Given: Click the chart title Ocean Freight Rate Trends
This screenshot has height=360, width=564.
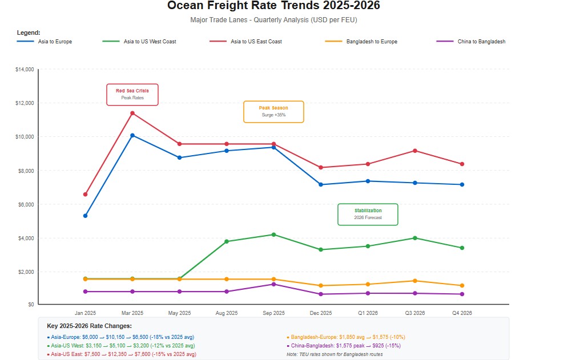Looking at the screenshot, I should (x=273, y=6).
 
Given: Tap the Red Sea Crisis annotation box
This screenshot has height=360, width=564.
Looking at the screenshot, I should (x=132, y=94).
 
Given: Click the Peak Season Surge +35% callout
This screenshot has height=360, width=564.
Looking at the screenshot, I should (x=273, y=111).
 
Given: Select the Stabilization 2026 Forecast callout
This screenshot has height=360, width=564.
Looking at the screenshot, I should (x=368, y=214).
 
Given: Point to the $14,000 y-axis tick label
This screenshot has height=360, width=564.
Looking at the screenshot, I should (x=25, y=70).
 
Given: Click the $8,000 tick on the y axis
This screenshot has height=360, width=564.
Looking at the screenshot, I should (x=27, y=171).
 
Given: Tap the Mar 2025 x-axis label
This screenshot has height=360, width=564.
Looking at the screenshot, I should (x=132, y=313).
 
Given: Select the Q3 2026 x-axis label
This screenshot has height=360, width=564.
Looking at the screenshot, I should (x=415, y=313).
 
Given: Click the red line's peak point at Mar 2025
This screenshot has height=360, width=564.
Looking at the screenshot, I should (x=132, y=113).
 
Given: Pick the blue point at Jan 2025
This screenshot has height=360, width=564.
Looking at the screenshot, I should (x=85, y=216).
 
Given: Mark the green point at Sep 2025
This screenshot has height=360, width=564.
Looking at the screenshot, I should (x=273, y=234).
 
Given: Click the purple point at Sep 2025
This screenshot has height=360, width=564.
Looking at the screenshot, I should (x=273, y=284).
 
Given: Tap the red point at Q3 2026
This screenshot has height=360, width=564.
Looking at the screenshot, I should (x=415, y=151).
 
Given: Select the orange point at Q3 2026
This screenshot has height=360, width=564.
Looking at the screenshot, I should (x=415, y=281).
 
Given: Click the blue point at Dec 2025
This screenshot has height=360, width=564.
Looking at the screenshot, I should (x=321, y=184).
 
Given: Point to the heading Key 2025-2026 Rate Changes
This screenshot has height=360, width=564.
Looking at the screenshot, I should (x=89, y=326).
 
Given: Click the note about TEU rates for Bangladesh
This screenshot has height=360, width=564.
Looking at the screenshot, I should (x=335, y=354).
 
